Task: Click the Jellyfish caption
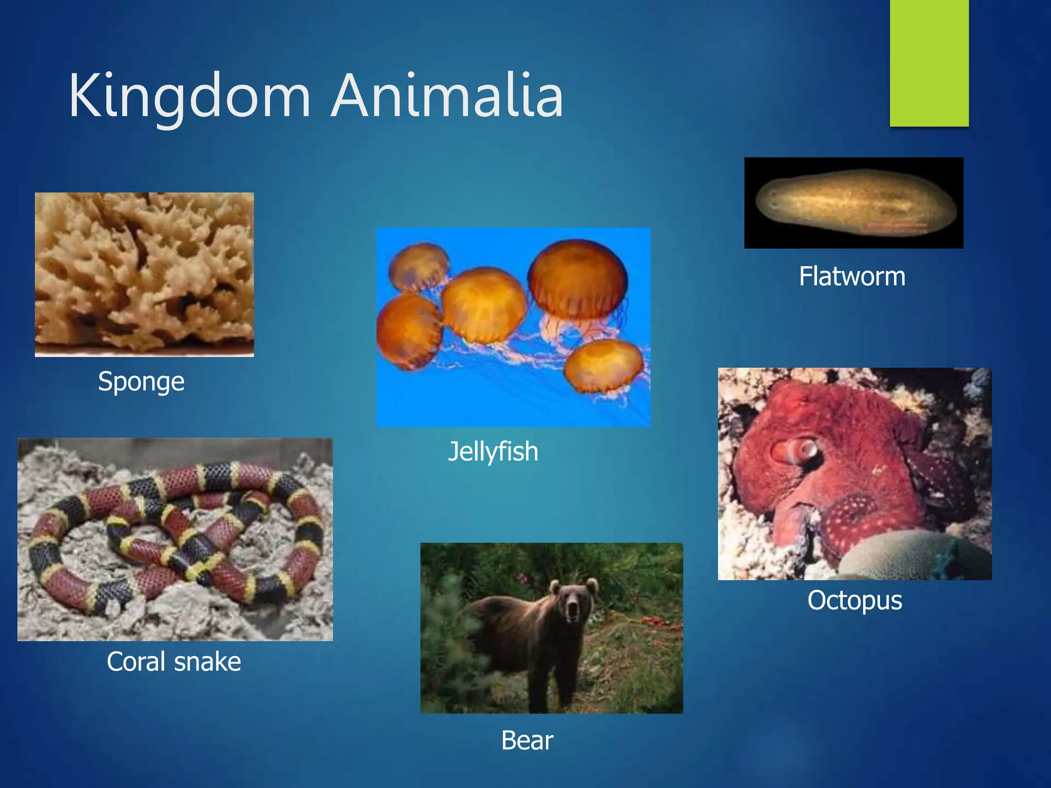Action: [x=493, y=452]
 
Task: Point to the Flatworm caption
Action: [x=852, y=277]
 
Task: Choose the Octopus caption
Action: [x=854, y=600]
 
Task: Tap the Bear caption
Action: [x=527, y=741]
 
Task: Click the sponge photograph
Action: [x=144, y=274]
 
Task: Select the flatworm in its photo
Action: [x=854, y=203]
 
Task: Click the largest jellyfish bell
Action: [x=578, y=277]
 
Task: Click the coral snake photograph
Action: [x=175, y=539]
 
